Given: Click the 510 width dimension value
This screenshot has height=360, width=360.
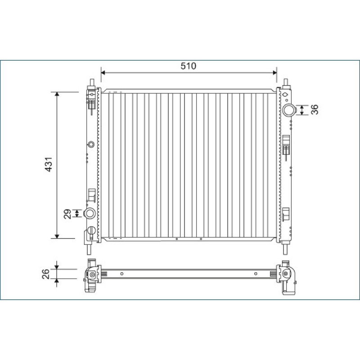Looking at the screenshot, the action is pyautogui.click(x=188, y=66).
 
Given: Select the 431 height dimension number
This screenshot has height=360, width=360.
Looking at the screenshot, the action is pyautogui.click(x=49, y=164).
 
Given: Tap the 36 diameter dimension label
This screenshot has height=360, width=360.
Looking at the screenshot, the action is pyautogui.click(x=315, y=109).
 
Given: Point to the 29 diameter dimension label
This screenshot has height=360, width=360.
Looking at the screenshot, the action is pyautogui.click(x=67, y=214).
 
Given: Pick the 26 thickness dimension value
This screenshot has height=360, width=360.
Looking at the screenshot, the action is pyautogui.click(x=46, y=274).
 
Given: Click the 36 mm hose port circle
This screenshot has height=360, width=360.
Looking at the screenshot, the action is pyautogui.click(x=289, y=110).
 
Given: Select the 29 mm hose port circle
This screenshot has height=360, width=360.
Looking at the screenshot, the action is pyautogui.click(x=90, y=213).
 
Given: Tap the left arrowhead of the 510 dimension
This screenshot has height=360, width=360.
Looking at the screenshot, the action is pyautogui.click(x=103, y=73).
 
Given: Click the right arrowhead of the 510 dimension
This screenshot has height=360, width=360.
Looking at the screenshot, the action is pyautogui.click(x=274, y=73).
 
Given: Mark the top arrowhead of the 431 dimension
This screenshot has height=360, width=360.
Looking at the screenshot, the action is pyautogui.click(x=57, y=94).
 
